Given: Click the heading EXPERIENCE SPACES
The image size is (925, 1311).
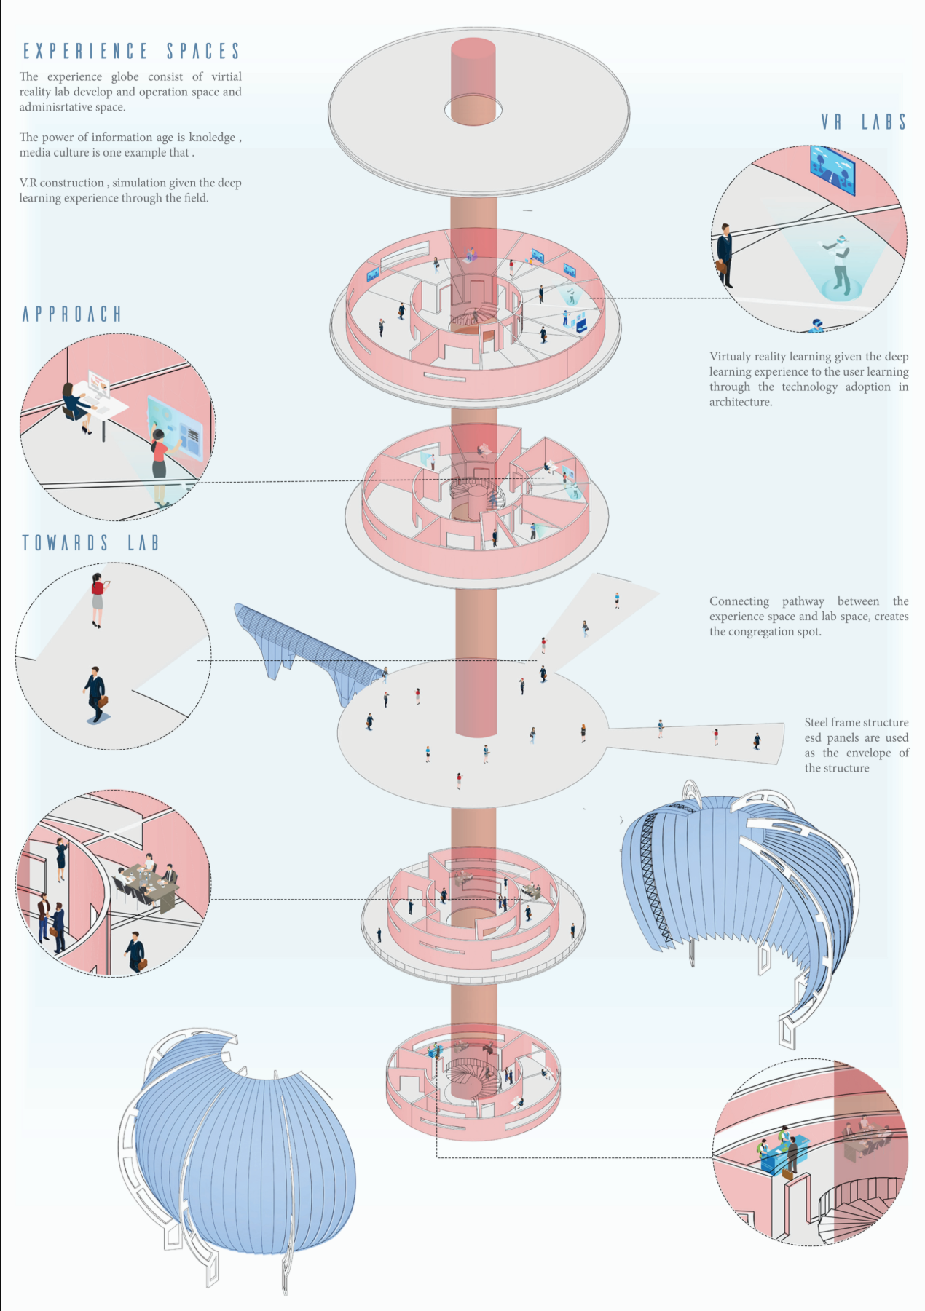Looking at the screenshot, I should (x=131, y=51).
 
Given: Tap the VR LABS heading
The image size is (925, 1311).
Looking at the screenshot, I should (x=864, y=122).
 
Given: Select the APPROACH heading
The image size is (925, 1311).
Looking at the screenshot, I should (x=71, y=314).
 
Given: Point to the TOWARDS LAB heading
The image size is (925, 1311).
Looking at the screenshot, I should (x=90, y=543).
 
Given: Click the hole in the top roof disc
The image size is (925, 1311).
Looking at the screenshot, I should (x=473, y=110).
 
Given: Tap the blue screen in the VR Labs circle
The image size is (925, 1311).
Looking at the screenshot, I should (x=832, y=170).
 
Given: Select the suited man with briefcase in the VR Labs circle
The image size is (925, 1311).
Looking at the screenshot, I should (x=725, y=255).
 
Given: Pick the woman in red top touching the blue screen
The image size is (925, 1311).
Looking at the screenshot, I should (x=160, y=455).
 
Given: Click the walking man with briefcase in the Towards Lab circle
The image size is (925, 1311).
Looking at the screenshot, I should (x=95, y=694).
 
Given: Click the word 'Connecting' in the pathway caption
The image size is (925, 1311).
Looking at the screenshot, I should (x=739, y=601).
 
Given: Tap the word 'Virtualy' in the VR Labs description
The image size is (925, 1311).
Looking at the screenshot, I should (x=729, y=357).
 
